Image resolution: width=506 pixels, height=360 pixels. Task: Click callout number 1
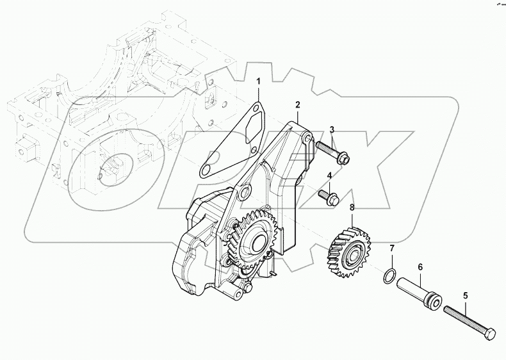click(x=259, y=81)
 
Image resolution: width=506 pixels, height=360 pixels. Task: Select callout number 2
click(x=297, y=104)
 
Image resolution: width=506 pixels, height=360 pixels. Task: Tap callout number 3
click(x=332, y=131)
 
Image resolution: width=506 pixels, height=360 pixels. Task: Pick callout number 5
click(x=466, y=295)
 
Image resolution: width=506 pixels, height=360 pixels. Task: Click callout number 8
click(x=351, y=207)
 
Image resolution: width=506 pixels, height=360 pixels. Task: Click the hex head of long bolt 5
click(x=489, y=335)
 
